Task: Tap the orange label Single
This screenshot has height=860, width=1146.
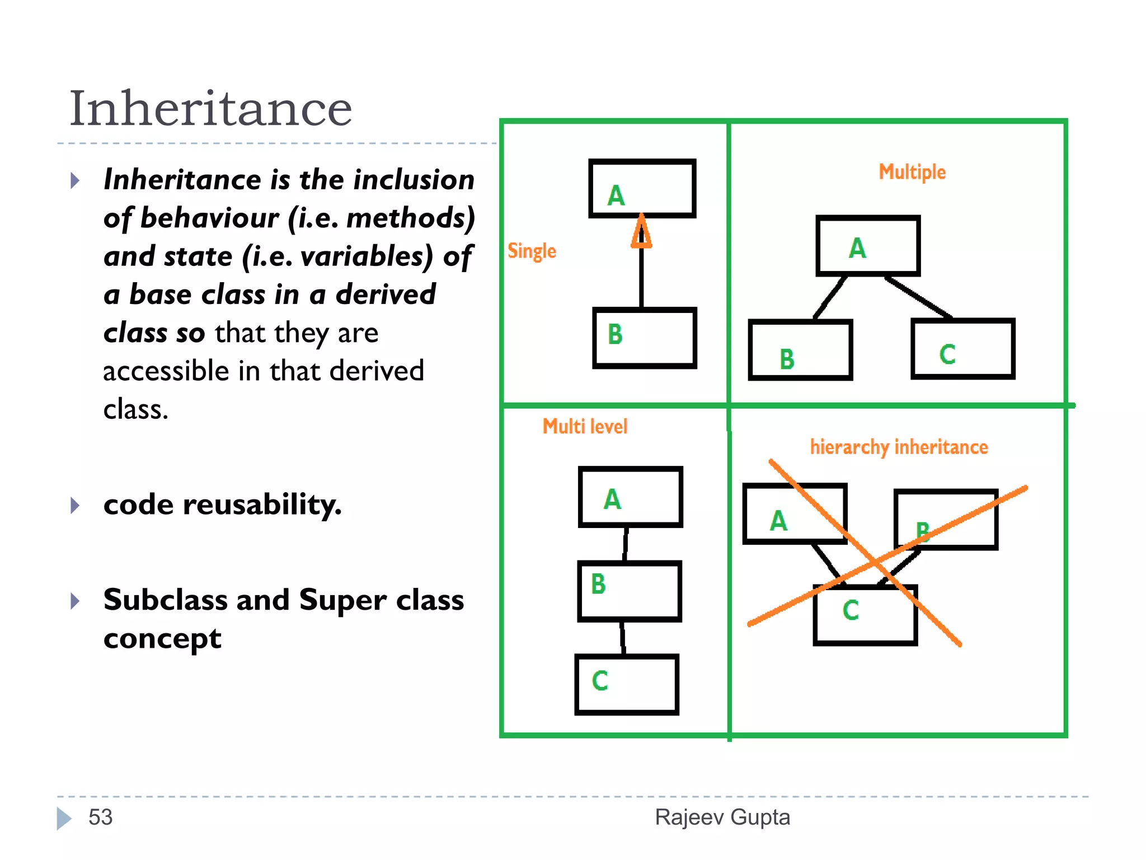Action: pos(532,251)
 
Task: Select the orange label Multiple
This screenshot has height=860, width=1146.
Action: pos(912,172)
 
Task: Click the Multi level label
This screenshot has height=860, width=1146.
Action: pos(585,427)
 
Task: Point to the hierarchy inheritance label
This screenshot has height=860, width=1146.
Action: pos(899,447)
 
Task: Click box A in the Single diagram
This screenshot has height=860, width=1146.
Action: pos(642,189)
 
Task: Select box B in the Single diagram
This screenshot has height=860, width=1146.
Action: pos(645,338)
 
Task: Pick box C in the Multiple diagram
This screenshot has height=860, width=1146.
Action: pos(962,349)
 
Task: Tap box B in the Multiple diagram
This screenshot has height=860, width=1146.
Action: pos(800,350)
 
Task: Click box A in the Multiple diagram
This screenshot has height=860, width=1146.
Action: pos(868,246)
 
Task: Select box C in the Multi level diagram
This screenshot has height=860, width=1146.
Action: pos(627,684)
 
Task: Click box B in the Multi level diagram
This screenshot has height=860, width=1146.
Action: pos(630,591)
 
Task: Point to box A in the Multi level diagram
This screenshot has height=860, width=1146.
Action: pos(631,497)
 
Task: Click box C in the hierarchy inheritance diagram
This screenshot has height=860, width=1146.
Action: pos(865,615)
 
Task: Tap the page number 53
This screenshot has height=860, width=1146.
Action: pos(101,817)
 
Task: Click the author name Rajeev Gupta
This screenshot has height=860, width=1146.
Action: pos(722,817)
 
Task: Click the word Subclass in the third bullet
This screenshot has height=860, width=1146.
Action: pos(166,600)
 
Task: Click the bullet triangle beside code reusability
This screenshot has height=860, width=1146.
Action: pos(75,506)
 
